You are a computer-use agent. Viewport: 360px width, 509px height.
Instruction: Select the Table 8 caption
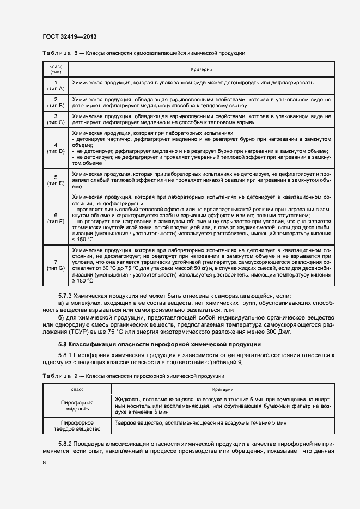click(143, 53)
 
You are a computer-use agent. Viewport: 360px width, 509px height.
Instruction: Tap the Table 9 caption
click(133, 376)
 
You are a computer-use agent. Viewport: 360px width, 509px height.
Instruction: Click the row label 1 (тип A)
click(56, 85)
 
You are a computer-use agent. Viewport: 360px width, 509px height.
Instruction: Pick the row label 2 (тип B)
click(56, 102)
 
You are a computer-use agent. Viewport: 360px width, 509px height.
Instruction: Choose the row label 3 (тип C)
click(56, 120)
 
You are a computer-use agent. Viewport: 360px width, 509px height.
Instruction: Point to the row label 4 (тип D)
click(56, 148)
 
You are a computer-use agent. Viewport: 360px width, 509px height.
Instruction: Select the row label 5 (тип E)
click(56, 180)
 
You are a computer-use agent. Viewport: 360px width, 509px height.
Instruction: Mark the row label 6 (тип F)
click(56, 218)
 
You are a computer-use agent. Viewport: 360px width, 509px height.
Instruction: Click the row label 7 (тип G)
click(56, 265)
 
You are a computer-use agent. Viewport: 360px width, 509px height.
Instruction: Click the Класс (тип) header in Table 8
click(56, 69)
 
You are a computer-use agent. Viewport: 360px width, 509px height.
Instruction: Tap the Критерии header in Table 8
click(201, 69)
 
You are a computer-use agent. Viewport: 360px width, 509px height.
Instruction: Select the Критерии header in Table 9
click(222, 389)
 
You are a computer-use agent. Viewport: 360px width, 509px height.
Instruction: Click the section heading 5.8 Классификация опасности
click(160, 344)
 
